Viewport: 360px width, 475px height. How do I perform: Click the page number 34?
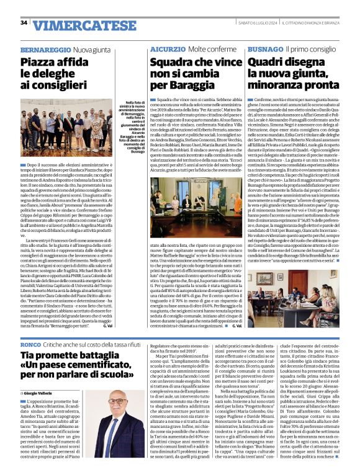(24, 23)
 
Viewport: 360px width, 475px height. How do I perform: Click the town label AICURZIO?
(163, 48)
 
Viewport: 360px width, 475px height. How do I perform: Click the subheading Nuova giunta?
(92, 48)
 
